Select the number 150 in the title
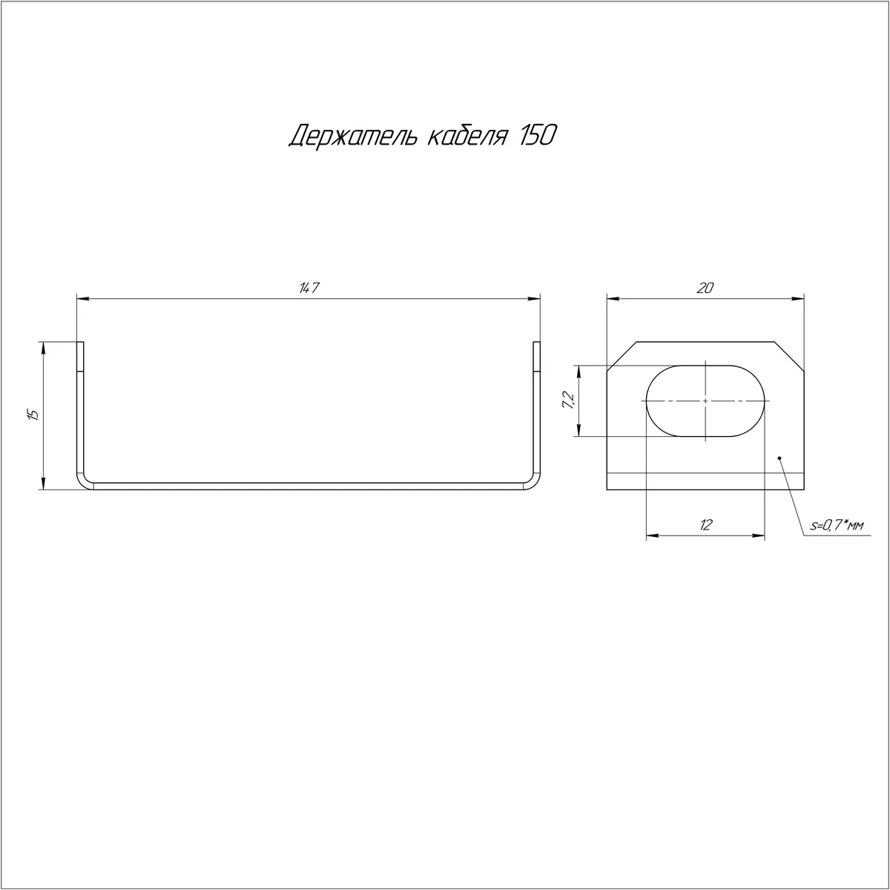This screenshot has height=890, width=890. pyautogui.click(x=538, y=135)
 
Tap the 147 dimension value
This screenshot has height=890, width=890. pyautogui.click(x=309, y=288)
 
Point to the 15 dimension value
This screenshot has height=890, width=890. pyautogui.click(x=33, y=415)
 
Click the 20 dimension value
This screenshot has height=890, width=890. pyautogui.click(x=705, y=288)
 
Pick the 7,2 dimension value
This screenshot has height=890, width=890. pyautogui.click(x=568, y=400)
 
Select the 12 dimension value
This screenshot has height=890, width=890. pyautogui.click(x=706, y=524)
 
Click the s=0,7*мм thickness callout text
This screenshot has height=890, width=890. pyautogui.click(x=837, y=525)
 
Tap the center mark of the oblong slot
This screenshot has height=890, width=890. pyautogui.click(x=706, y=401)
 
